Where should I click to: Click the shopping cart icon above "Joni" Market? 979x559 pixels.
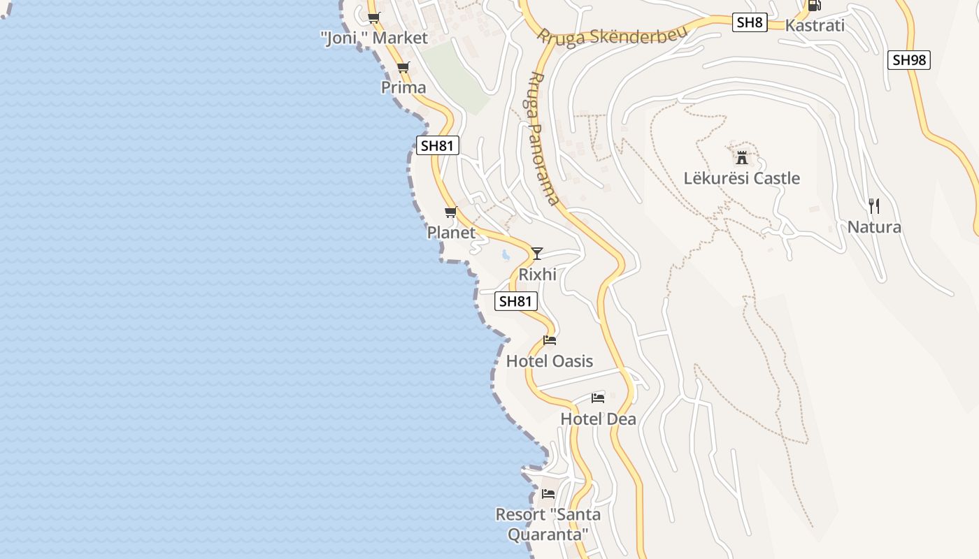pos(374,17)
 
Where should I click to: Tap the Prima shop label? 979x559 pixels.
pos(403,87)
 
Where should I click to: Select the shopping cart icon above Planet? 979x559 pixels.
pos(451,212)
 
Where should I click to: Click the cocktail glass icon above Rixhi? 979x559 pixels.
pos(537,253)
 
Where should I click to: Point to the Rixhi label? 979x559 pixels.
pos(538,275)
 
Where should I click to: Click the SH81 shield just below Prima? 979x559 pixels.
pos(438,145)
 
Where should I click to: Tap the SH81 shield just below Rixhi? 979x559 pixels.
pos(516,301)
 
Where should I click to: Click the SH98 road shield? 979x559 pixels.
pos(909,60)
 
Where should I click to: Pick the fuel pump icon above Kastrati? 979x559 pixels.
pos(814,5)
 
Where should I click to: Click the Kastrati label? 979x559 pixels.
pos(815,26)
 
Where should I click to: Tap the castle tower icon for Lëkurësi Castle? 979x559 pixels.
pos(742,157)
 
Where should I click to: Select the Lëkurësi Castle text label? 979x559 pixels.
pos(742,178)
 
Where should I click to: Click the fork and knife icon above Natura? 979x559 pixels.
pos(873,205)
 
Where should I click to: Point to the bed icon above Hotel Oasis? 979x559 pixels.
pos(550,340)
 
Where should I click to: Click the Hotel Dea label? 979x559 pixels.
pos(599,419)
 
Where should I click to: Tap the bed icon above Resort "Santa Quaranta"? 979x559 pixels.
pos(548,493)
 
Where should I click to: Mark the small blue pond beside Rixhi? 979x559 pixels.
pos(506,255)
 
